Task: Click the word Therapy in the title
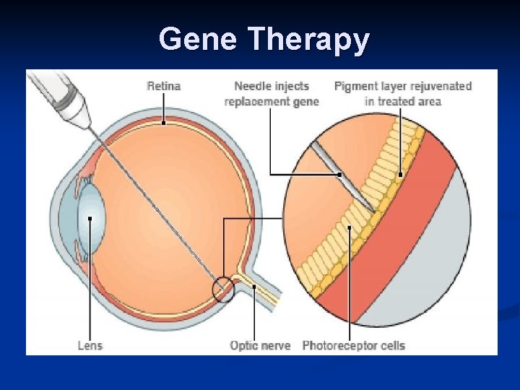[308, 40]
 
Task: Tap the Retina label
[164, 86]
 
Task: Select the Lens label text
[90, 345]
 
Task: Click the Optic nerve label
[260, 345]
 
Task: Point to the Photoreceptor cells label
[354, 345]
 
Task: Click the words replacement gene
[272, 101]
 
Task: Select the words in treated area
[402, 101]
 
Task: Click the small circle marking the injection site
[223, 290]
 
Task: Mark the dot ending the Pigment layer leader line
[400, 174]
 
